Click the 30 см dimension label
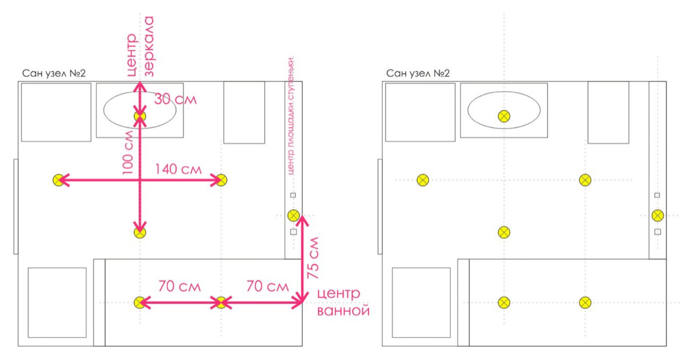pos(175,98)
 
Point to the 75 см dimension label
pos(313,257)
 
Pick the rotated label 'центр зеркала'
pos(140,47)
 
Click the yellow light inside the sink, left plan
pos(140,116)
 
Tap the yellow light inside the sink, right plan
pos(504,116)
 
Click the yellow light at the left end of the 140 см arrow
pos(58,181)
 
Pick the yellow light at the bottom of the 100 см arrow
pos(140,232)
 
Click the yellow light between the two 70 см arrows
pos(221,302)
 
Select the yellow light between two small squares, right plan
pos(657,215)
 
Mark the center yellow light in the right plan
pos(504,232)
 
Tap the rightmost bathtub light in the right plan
pos(584,302)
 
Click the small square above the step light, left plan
pos(293,195)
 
